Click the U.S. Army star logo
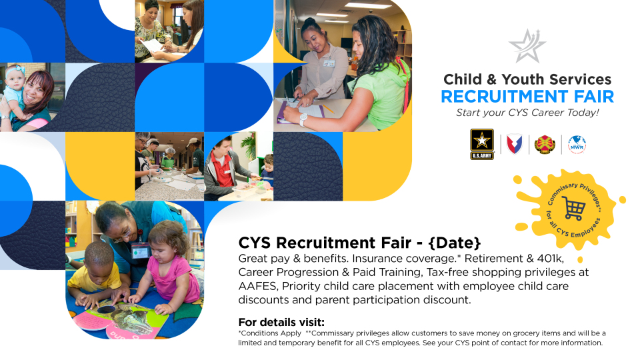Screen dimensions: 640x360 [x=482, y=144]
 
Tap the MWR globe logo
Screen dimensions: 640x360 [x=577, y=145]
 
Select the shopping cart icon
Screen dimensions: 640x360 [x=573, y=208]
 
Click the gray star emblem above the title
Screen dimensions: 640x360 [x=527, y=46]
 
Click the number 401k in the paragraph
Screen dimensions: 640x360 [x=550, y=259]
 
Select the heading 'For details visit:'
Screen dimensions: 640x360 [x=281, y=322]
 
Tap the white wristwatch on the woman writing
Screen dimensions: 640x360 [x=303, y=119]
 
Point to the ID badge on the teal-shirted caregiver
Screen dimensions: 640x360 [x=139, y=251]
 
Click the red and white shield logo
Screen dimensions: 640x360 [x=514, y=144]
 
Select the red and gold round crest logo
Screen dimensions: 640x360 [x=545, y=145]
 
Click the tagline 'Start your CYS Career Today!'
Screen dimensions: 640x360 [x=527, y=113]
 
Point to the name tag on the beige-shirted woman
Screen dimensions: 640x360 [x=329, y=63]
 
